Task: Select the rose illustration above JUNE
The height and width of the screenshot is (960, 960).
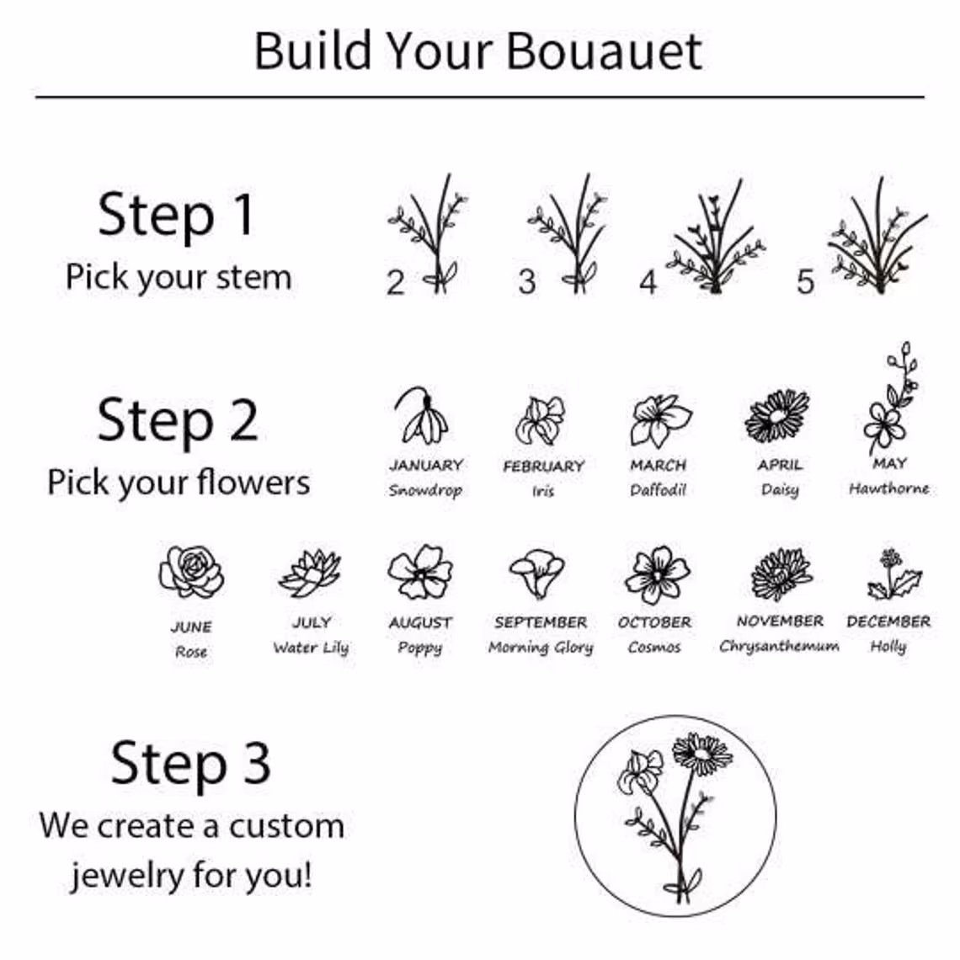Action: pos(191,571)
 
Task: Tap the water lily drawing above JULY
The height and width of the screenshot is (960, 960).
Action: pos(311,573)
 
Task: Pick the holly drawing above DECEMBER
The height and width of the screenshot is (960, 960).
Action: pos(893,574)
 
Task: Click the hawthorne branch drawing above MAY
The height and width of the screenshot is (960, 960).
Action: pos(892,398)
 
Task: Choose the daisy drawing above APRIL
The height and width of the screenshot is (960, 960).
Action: pos(777,416)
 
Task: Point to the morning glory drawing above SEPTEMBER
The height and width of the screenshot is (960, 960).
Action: pos(537,573)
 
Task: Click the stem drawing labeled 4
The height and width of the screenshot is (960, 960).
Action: pos(715,237)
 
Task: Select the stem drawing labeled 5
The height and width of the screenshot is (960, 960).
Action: pos(878,235)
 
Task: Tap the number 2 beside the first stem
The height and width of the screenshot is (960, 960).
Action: pos(396,282)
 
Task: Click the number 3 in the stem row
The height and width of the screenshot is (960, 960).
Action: pos(527,282)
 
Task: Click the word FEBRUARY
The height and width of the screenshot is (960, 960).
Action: pos(544,467)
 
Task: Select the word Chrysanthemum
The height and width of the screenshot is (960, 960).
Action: pos(779,647)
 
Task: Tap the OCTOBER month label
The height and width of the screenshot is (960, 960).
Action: pos(654,622)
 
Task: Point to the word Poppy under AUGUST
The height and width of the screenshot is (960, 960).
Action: pos(420,648)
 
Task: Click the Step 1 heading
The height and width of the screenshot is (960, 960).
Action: pos(176,214)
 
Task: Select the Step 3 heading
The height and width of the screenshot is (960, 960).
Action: pos(190,763)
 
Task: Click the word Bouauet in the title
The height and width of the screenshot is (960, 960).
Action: pos(604,51)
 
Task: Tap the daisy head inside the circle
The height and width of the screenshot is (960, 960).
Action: pos(702,753)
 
